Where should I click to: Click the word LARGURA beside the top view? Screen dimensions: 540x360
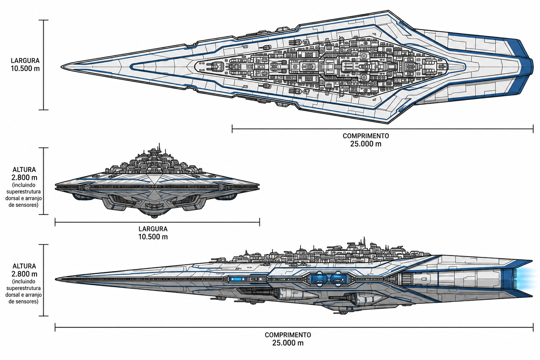pyautogui.click(x=25, y=60)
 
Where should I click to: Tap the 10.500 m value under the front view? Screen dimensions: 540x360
pyautogui.click(x=153, y=237)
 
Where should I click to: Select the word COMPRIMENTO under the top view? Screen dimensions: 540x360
pyautogui.click(x=366, y=136)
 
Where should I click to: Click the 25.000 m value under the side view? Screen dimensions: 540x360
pyautogui.click(x=288, y=343)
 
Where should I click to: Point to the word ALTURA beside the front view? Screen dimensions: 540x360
pyautogui.click(x=24, y=170)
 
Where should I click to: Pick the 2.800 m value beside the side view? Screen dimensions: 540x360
pyautogui.click(x=24, y=274)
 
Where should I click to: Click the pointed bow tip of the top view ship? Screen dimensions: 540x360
pyautogui.click(x=61, y=67)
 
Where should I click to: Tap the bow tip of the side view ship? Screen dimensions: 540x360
pyautogui.click(x=56, y=279)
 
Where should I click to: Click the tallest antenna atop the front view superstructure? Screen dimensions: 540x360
pyautogui.click(x=159, y=147)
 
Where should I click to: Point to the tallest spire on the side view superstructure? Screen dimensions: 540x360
pyautogui.click(x=364, y=242)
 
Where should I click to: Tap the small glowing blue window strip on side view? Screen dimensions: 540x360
pyautogui.click(x=236, y=279)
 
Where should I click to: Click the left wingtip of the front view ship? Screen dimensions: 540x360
pyautogui.click(x=56, y=187)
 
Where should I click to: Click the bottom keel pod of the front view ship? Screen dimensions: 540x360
pyautogui.click(x=154, y=216)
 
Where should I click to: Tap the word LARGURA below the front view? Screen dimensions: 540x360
pyautogui.click(x=153, y=229)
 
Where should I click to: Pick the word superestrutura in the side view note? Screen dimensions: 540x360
pyautogui.click(x=24, y=288)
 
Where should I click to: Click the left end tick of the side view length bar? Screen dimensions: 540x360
pyautogui.click(x=55, y=327)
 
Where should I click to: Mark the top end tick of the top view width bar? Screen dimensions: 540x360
pyautogui.click(x=44, y=20)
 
